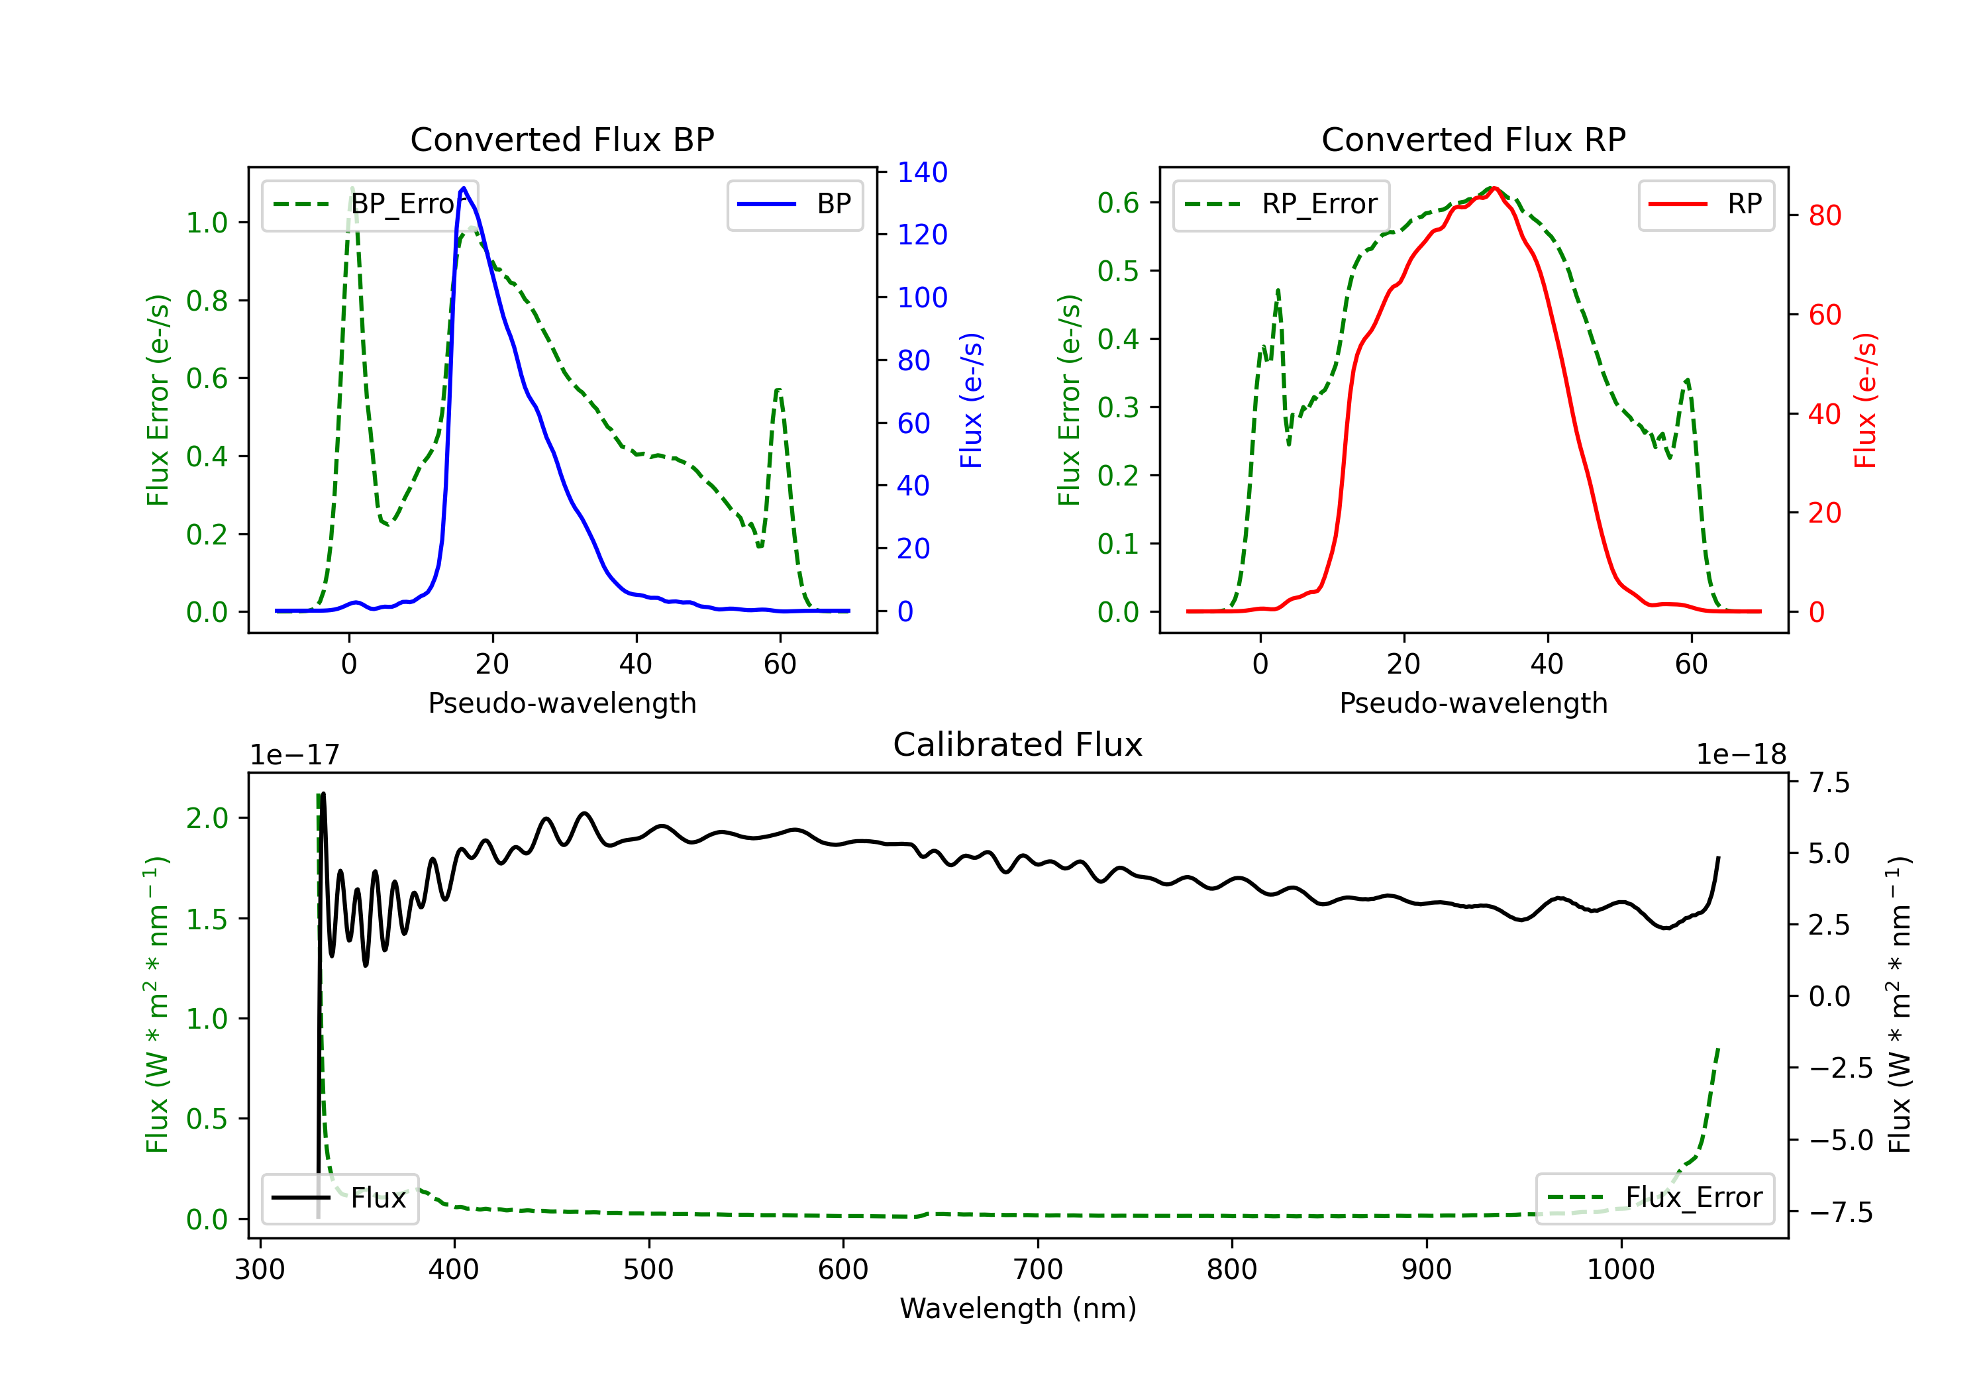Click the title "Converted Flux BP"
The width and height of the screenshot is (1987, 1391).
click(x=562, y=139)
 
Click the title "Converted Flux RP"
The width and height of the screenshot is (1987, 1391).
click(x=1473, y=139)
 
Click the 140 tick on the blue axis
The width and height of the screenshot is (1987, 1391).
click(x=922, y=172)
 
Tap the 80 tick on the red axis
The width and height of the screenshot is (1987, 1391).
click(x=1824, y=215)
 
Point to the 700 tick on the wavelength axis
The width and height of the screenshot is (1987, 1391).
click(x=1038, y=1270)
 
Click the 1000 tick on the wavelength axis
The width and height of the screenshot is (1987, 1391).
click(x=1620, y=1270)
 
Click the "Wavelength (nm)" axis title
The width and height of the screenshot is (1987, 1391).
click(x=1018, y=1308)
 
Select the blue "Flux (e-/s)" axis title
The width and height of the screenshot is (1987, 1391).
click(x=971, y=400)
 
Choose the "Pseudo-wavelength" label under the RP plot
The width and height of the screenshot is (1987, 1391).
click(x=1473, y=703)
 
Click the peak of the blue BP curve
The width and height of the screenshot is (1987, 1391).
click(x=464, y=188)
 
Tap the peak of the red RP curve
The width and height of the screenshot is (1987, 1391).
click(x=1495, y=188)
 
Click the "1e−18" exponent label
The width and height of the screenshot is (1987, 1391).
click(x=1741, y=755)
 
